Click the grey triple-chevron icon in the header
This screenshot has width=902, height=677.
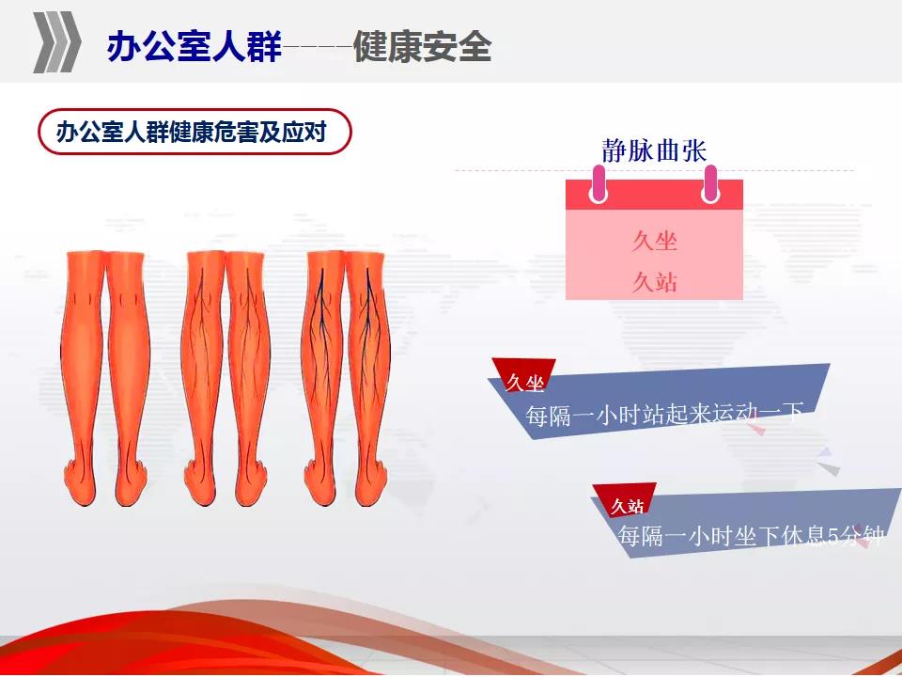click(57, 42)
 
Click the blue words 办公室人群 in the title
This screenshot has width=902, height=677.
click(194, 46)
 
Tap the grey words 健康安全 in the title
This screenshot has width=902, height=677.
click(422, 46)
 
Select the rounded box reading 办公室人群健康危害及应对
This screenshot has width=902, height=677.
click(194, 132)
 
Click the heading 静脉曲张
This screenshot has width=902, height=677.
click(654, 150)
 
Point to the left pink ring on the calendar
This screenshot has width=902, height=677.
click(599, 184)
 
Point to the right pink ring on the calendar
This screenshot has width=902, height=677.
click(710, 184)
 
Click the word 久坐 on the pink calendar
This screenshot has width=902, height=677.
click(655, 241)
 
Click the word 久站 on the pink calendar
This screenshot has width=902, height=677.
click(655, 282)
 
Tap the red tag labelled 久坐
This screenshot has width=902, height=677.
click(524, 376)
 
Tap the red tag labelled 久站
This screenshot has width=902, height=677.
click(626, 502)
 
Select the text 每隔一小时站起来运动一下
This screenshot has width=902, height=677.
click(664, 414)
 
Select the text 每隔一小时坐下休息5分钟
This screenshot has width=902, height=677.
click(751, 536)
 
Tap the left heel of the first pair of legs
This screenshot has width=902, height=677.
click(79, 483)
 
